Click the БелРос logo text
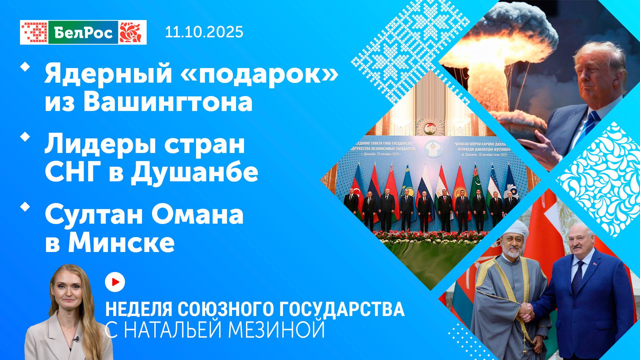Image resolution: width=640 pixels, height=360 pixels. tap(83, 32)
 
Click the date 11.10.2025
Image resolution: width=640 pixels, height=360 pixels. tap(204, 32)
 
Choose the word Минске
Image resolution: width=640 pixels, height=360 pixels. tap(121, 243)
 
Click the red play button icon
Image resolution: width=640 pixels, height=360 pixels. tap(115, 282)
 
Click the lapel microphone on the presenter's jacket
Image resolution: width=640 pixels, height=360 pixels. tap(76, 339)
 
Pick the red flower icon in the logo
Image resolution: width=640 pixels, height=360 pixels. tap(132, 32)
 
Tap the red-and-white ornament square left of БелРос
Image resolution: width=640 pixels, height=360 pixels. tap(34, 32)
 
